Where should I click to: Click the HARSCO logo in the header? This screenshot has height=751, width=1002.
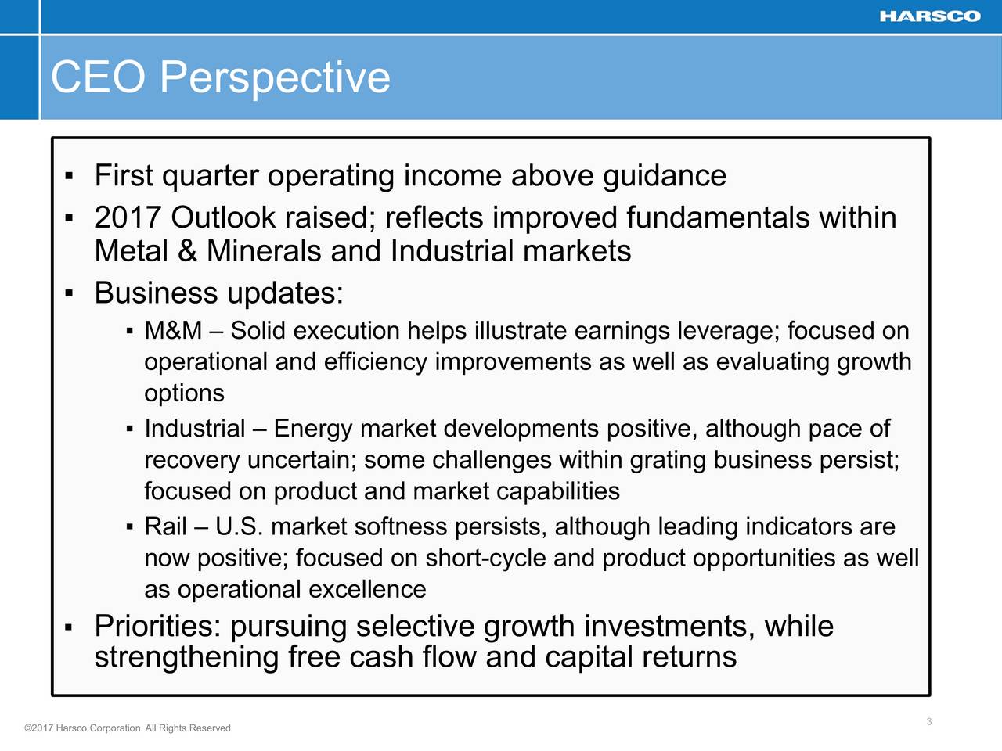(x=930, y=16)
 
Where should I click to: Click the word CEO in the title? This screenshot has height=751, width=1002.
(x=98, y=77)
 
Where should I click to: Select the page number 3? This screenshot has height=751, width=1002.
(x=929, y=721)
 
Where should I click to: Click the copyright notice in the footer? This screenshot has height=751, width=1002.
(x=128, y=728)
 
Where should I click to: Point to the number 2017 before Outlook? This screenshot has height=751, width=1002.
(x=128, y=217)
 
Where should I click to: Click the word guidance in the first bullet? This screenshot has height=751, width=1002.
(x=664, y=177)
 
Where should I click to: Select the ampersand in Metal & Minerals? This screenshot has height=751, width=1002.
(x=188, y=251)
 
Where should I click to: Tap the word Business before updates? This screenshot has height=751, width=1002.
(x=156, y=293)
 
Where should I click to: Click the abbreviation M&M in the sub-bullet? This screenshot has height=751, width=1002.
(x=173, y=330)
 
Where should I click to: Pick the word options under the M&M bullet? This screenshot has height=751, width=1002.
(x=185, y=393)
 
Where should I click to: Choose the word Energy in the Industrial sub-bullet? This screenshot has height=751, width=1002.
(x=313, y=429)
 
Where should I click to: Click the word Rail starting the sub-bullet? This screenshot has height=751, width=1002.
(x=166, y=526)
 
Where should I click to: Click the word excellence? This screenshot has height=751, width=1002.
(x=367, y=590)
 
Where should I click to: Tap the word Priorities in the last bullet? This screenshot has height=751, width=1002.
(x=158, y=626)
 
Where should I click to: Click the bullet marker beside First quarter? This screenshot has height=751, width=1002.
(x=69, y=176)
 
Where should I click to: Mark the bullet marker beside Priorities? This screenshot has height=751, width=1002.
(x=69, y=627)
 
